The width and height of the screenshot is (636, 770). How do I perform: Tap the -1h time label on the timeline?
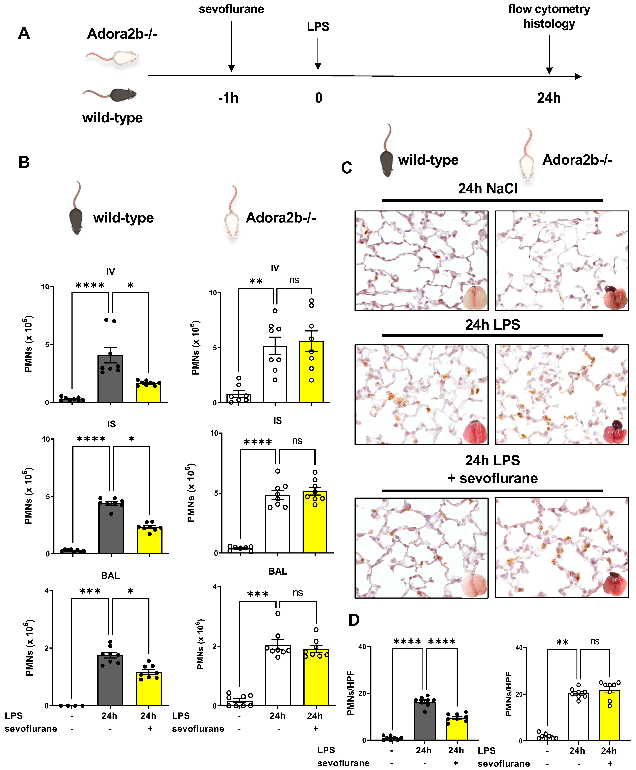click(228, 98)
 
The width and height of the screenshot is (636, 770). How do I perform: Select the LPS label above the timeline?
click(318, 27)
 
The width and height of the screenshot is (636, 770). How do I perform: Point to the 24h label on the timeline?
click(549, 98)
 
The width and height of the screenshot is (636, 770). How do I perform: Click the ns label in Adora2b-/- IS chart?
click(297, 441)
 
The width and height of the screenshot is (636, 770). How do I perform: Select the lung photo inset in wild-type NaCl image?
click(475, 298)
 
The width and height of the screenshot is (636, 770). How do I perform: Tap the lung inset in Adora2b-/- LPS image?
click(615, 431)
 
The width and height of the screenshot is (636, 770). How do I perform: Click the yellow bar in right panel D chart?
click(610, 715)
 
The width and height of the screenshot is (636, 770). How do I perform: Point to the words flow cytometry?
click(549, 9)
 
